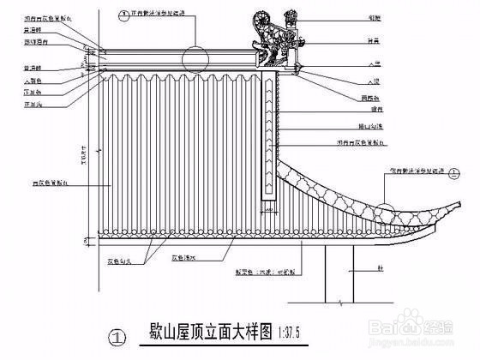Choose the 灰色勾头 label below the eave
point(120,255)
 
